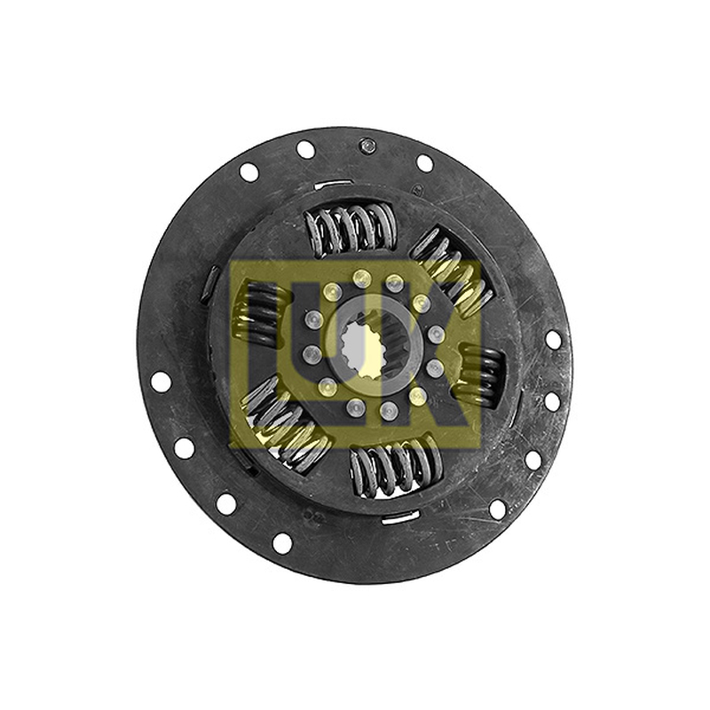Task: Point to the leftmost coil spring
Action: pyautogui.click(x=262, y=313)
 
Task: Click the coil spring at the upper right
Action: pyautogui.click(x=451, y=271)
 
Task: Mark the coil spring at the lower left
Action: pyautogui.click(x=286, y=424)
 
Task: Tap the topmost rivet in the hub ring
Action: pyautogui.click(x=361, y=277)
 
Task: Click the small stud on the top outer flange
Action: pyautogui.click(x=366, y=146)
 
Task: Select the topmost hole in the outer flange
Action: pyautogui.click(x=305, y=149)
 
